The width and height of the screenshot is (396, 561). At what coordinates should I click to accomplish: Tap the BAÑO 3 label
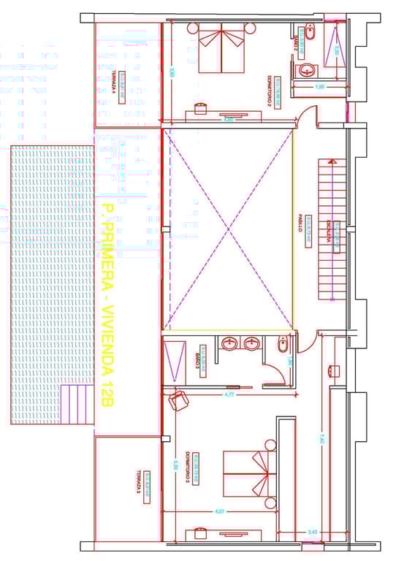click(x=197, y=359)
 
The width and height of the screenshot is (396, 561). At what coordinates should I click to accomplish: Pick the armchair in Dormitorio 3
click(x=178, y=400)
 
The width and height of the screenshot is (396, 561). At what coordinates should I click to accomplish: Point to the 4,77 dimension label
click(x=229, y=394)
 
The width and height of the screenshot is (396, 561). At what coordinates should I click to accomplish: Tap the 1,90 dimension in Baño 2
click(x=319, y=87)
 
